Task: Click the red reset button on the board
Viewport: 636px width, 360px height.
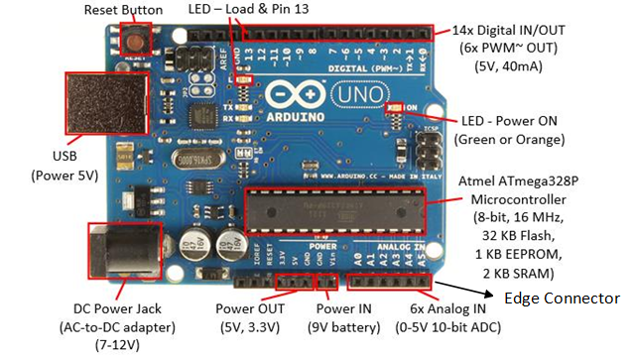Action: pyautogui.click(x=133, y=40)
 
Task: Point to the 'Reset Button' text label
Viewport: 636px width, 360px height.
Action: pyautogui.click(x=122, y=9)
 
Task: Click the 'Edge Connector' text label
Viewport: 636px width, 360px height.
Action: pyautogui.click(x=563, y=298)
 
